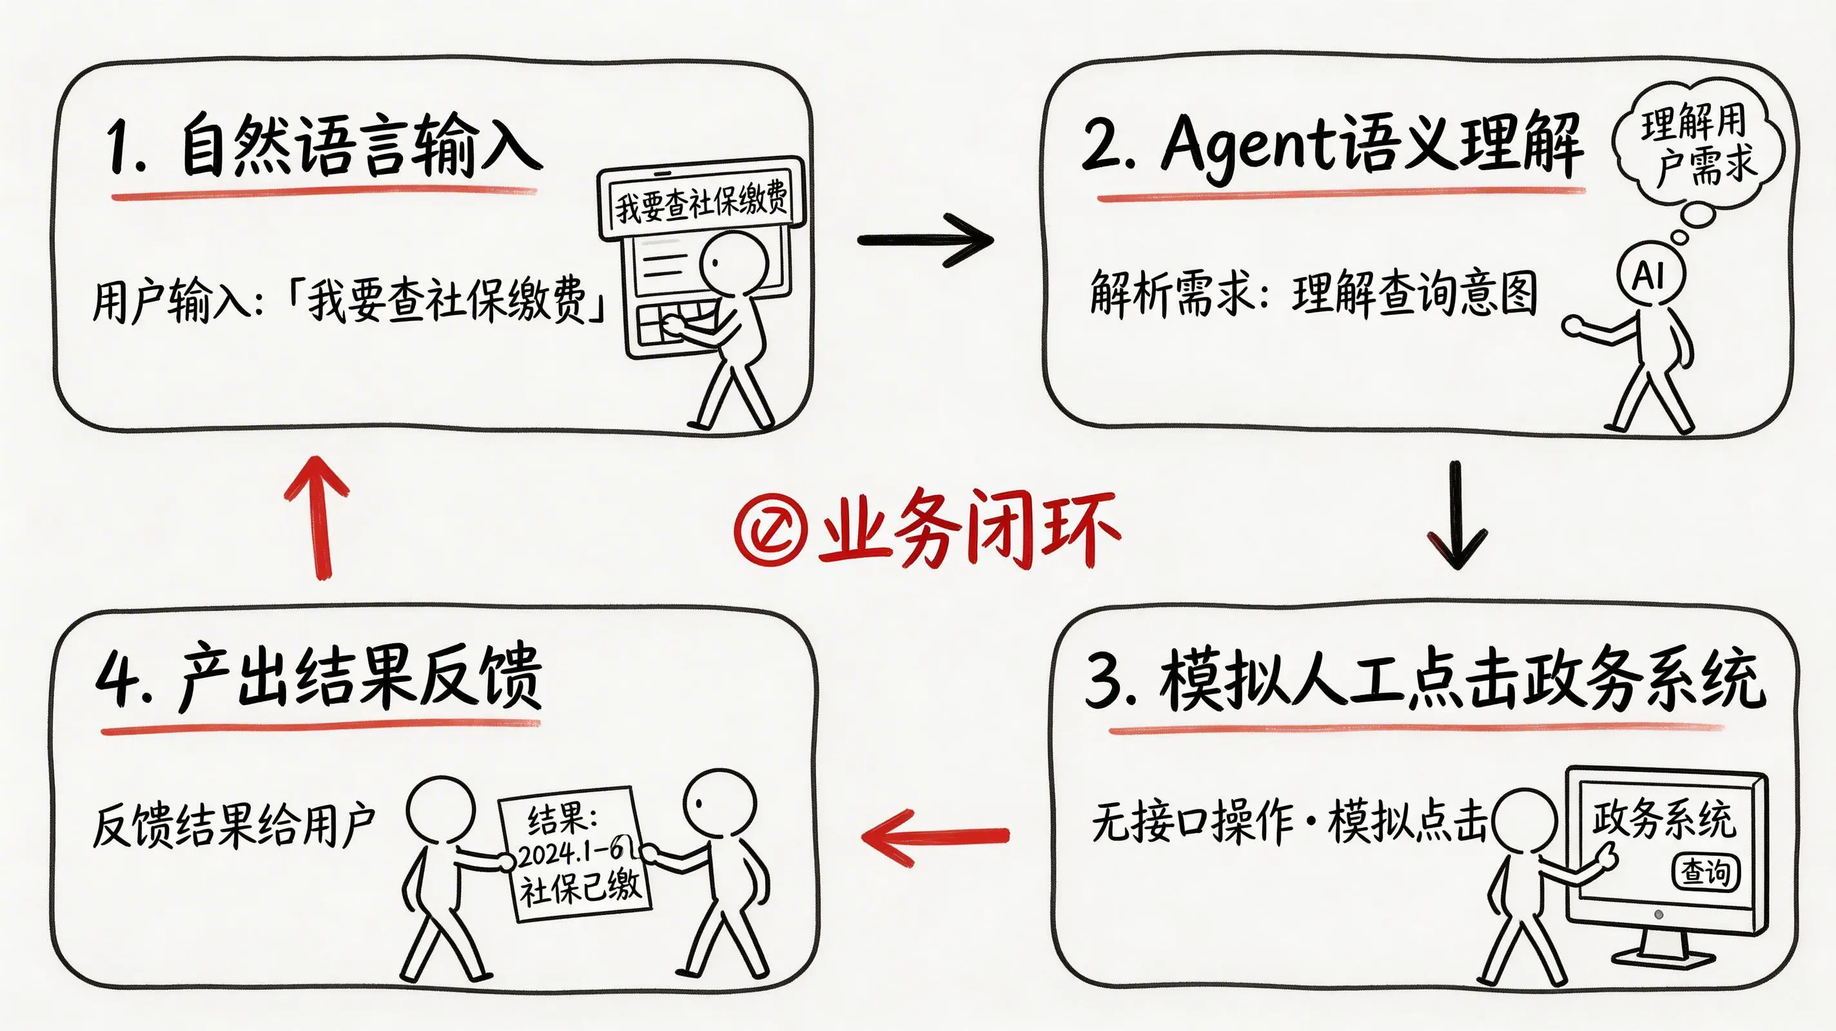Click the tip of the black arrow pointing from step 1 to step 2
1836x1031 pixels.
coord(992,240)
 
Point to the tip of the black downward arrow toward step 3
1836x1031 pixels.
coord(1458,568)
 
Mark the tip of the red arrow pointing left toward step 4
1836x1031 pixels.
coord(863,836)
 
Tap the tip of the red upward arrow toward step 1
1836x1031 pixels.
coord(317,458)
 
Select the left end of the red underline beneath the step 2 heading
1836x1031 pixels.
coord(1100,199)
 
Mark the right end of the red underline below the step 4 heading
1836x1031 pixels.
coord(539,722)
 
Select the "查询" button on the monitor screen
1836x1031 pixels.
coord(1706,872)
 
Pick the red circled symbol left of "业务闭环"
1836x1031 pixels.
coord(770,531)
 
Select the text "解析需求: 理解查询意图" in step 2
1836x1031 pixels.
coord(1313,292)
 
